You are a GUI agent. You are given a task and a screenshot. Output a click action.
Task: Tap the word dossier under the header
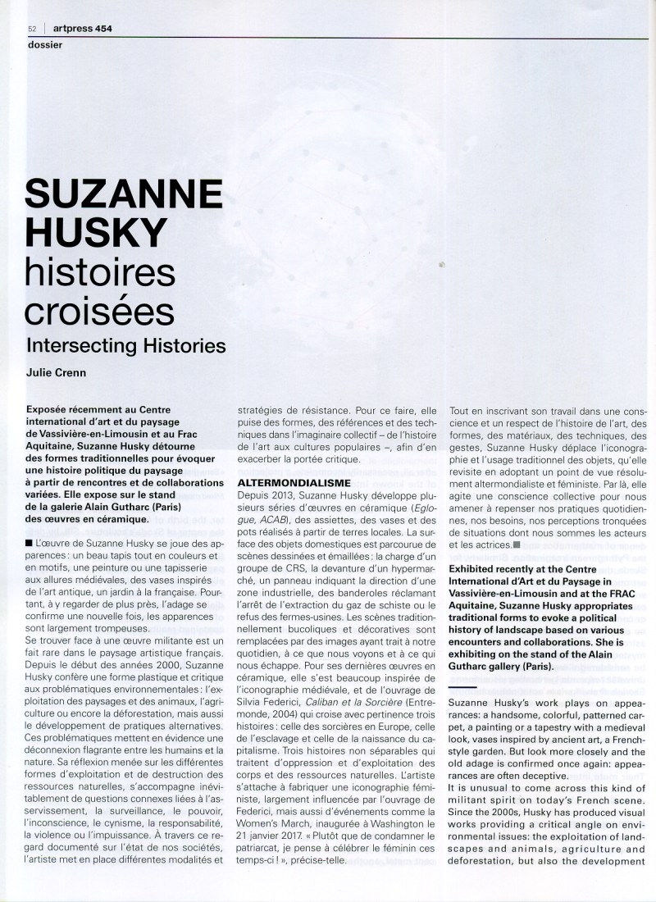[44, 44]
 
